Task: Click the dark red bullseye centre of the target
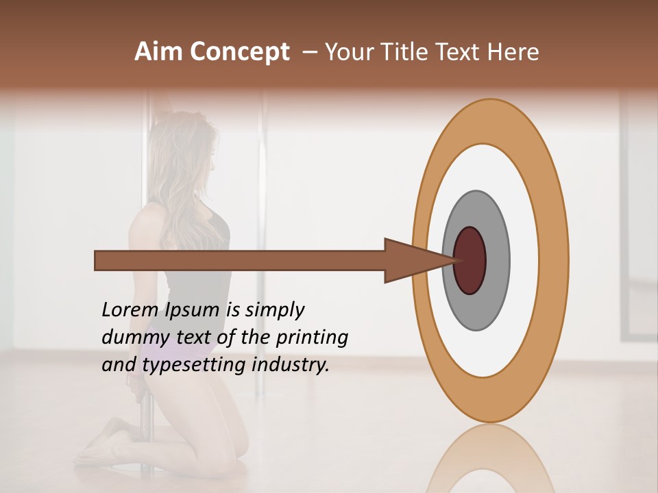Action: (471, 260)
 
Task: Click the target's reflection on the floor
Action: (489, 459)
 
